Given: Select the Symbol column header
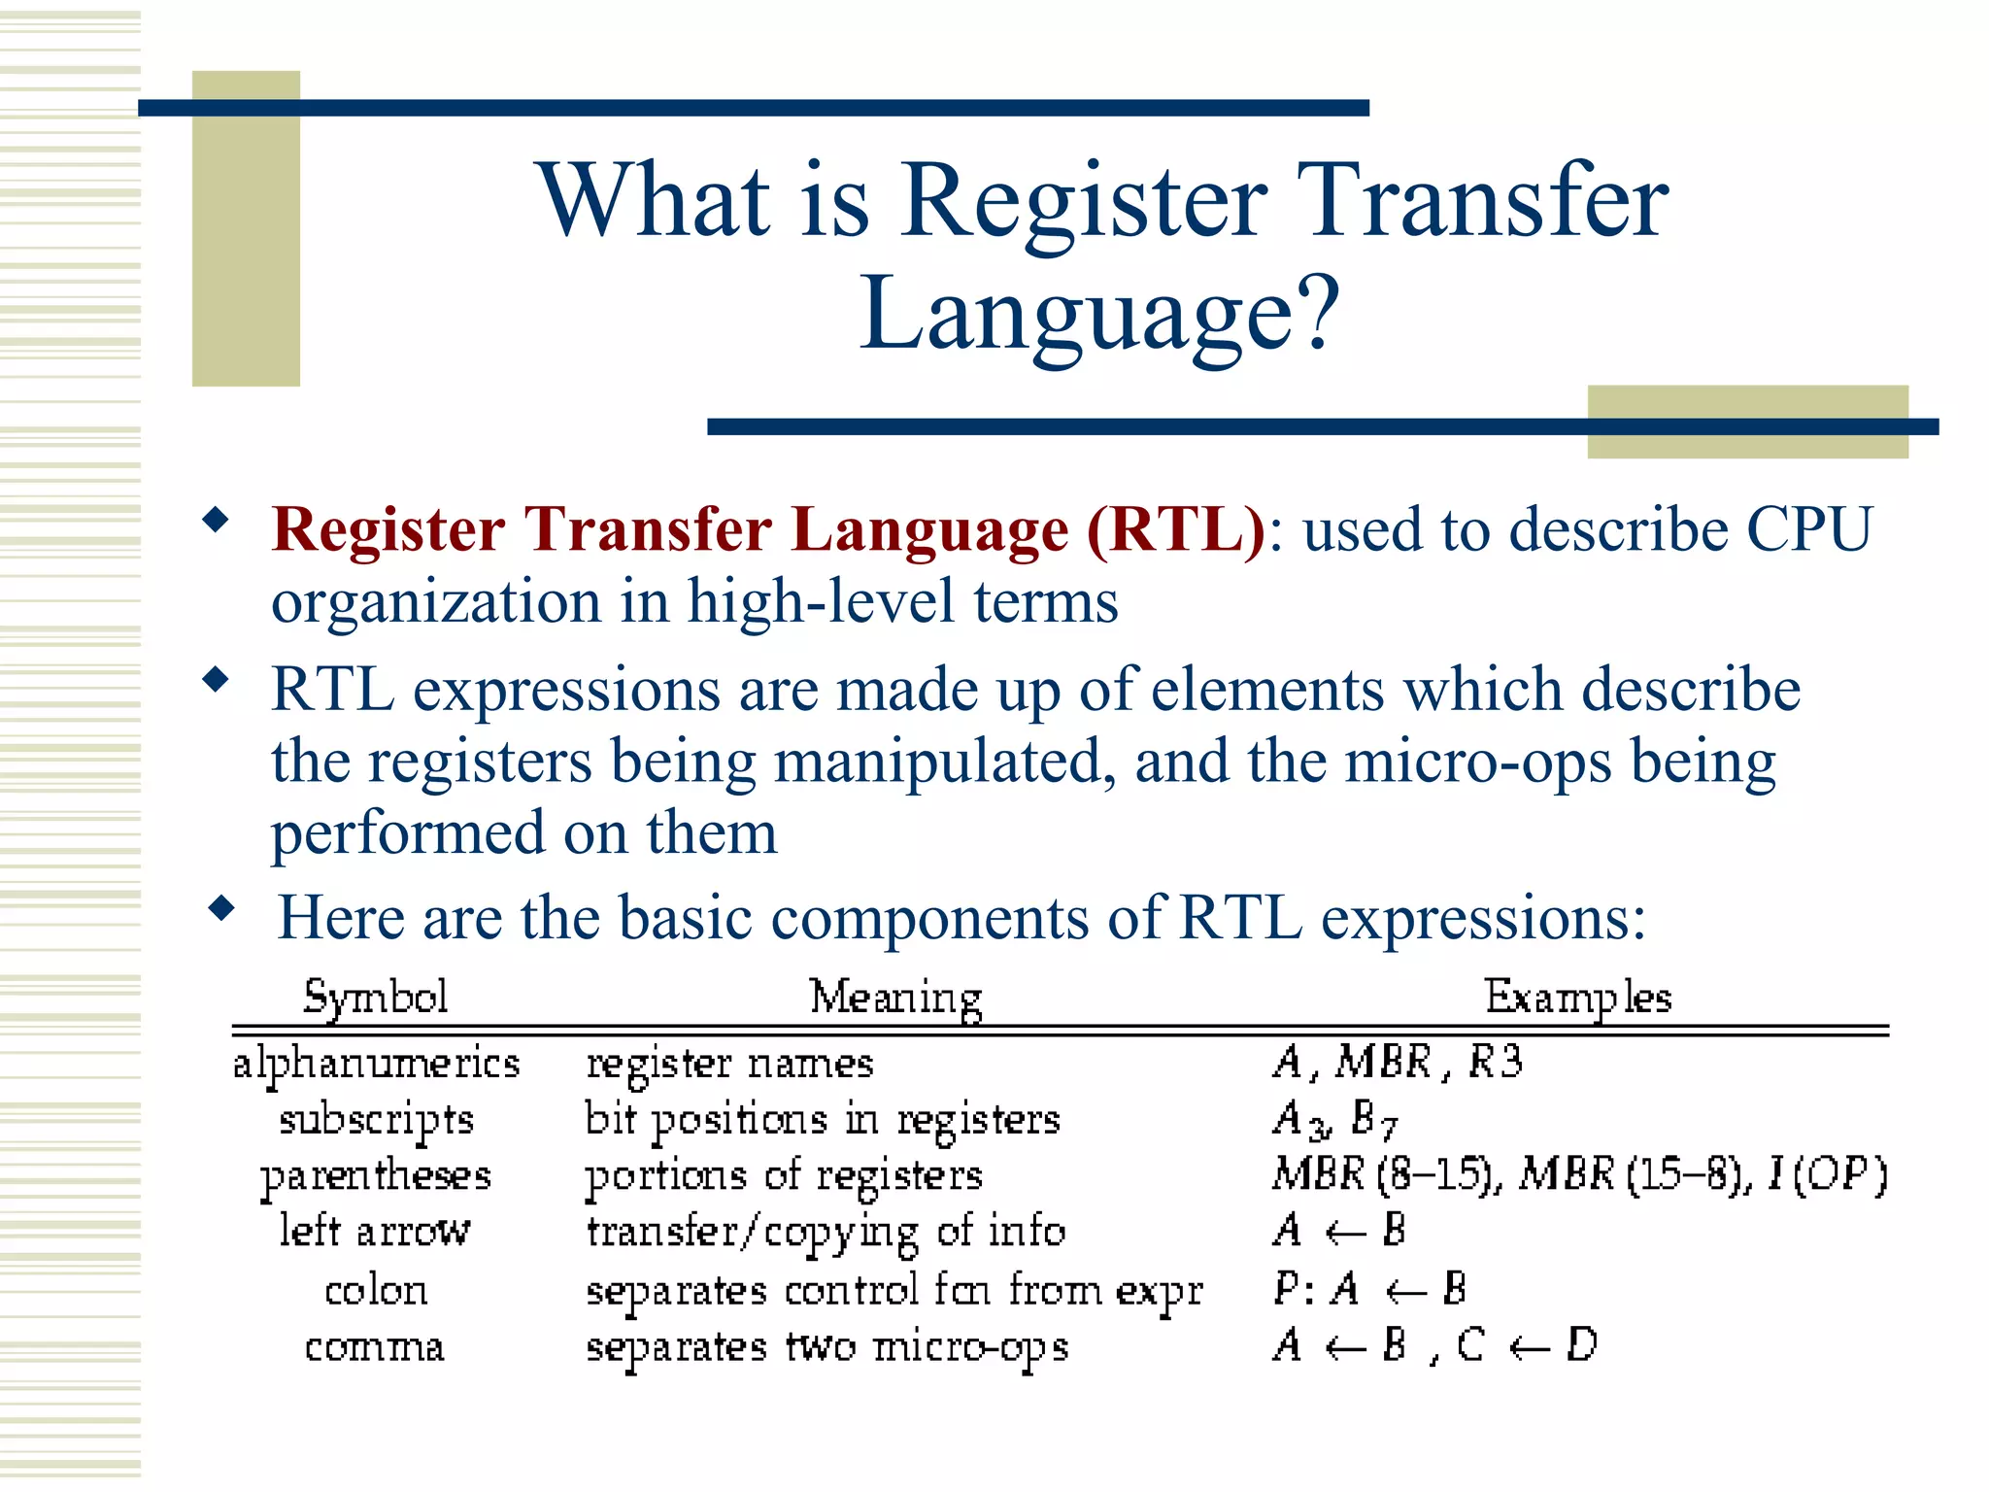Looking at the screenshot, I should [x=375, y=998].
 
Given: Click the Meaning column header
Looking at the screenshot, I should [x=895, y=998].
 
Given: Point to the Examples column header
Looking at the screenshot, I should [x=1577, y=998].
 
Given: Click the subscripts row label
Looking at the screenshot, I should [x=376, y=1120].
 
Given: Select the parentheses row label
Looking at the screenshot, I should [x=376, y=1176].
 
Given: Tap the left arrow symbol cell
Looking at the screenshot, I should [x=376, y=1232].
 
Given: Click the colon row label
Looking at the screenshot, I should [x=376, y=1291].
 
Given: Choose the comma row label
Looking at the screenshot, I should [x=375, y=1347].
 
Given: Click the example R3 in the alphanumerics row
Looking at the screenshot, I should [x=1495, y=1062].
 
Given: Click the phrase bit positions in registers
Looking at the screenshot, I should [x=822, y=1120].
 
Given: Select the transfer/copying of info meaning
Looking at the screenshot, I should [x=826, y=1233].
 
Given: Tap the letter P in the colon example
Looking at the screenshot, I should [x=1285, y=1290].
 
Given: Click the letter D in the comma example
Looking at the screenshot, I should [x=1581, y=1346].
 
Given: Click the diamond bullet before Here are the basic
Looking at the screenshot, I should [x=222, y=909].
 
